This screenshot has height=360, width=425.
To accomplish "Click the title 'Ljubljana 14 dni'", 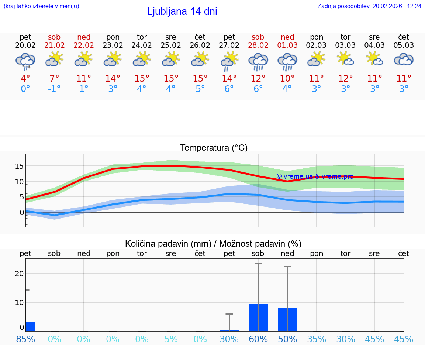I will click(182, 11).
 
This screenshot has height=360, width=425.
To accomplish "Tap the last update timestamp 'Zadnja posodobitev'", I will click(369, 6).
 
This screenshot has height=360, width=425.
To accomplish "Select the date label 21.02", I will click(54, 45).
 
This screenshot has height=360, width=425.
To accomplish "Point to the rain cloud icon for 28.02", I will click(258, 61).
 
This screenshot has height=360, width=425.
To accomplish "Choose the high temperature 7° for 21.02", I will click(54, 79).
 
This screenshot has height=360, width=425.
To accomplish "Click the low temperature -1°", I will click(54, 89).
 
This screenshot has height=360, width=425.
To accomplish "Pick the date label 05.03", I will click(404, 45).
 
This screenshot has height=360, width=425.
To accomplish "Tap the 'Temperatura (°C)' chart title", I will click(214, 148).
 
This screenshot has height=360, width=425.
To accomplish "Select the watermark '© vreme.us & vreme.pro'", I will click(315, 176).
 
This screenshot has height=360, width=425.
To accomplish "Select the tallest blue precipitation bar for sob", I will click(258, 318).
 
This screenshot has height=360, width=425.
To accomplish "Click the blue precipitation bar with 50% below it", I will click(287, 319).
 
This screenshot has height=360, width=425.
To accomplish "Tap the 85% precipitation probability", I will click(25, 339).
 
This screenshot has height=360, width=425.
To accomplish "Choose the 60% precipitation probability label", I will click(258, 339).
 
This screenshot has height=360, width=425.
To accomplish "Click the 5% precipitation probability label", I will click(171, 339).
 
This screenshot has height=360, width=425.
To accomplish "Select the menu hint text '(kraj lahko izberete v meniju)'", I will click(41, 6).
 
